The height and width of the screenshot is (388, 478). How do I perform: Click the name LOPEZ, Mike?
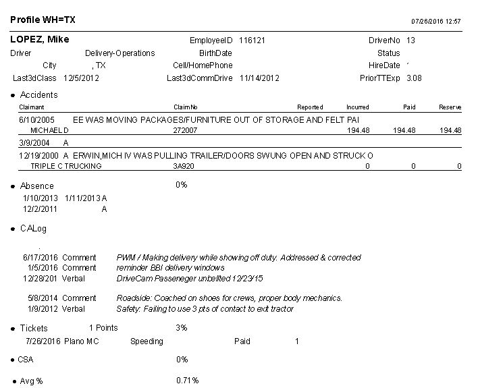point(40,40)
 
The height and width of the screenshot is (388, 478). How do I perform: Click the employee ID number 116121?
point(253,40)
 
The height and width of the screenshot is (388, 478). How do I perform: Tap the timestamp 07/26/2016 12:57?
point(436,22)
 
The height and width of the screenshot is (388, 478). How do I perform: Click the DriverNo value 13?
point(411,40)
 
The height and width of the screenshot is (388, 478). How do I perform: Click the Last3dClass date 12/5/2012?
point(81,78)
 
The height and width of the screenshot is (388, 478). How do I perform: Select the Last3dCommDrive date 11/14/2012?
point(259,78)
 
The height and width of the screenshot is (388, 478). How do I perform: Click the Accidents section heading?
point(39,95)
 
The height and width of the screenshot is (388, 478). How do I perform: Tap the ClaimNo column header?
point(185,107)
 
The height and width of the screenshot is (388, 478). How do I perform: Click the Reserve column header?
point(450,107)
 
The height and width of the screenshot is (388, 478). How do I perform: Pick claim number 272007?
point(185,130)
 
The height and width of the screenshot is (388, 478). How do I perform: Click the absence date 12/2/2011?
point(40,209)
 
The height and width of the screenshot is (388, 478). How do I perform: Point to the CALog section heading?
point(33,229)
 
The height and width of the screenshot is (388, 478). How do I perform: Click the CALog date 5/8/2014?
point(43,298)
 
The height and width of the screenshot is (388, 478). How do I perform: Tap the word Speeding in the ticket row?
point(147,341)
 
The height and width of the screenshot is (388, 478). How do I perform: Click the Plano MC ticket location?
point(82,341)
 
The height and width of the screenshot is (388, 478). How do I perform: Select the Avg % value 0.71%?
point(188,381)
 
